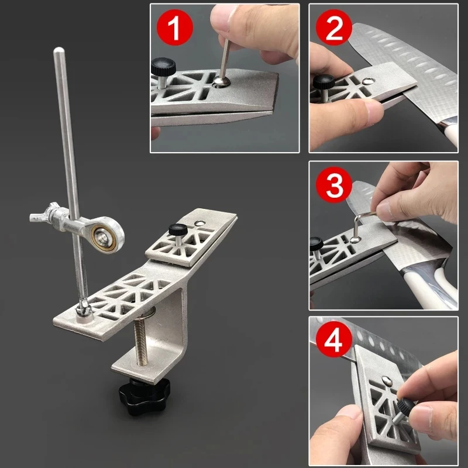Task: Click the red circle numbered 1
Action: pyautogui.click(x=175, y=27)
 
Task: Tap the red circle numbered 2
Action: pyautogui.click(x=334, y=27)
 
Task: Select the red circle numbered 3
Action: pyautogui.click(x=334, y=185)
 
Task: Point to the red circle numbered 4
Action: pyautogui.click(x=334, y=339)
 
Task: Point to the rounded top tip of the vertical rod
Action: pyautogui.click(x=59, y=50)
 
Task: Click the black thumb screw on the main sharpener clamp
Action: pyautogui.click(x=178, y=231)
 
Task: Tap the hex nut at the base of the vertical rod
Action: pyautogui.click(x=84, y=308)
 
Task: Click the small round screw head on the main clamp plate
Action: pyautogui.click(x=199, y=223)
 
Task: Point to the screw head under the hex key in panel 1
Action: pyautogui.click(x=222, y=81)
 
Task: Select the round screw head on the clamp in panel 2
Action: pyautogui.click(x=368, y=81)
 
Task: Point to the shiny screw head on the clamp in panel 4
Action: pyautogui.click(x=387, y=380)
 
